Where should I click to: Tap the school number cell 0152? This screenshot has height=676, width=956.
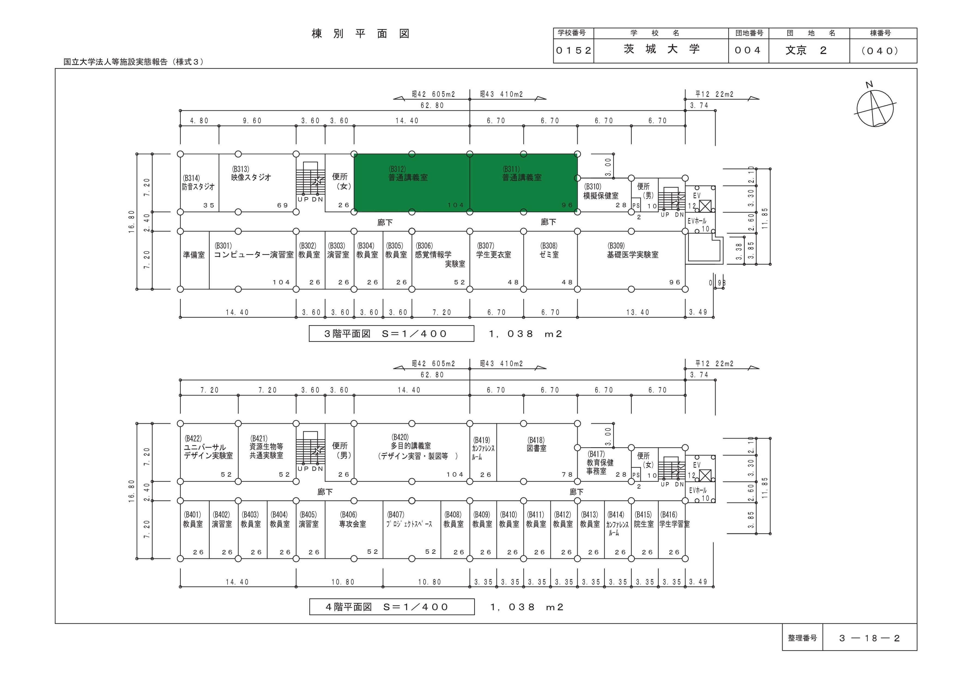tap(573, 51)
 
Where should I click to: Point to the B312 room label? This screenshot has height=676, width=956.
tap(408, 173)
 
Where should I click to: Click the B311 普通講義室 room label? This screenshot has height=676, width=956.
tap(522, 173)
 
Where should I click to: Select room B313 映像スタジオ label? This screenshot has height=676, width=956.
tap(251, 173)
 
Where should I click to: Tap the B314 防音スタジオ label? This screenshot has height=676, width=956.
tap(198, 182)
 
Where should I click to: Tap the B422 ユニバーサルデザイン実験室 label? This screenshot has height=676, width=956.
tap(208, 447)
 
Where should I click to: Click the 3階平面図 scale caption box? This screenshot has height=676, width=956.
tap(391, 334)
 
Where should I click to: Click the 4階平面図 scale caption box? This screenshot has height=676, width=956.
tap(392, 607)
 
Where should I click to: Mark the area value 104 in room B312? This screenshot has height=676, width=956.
tap(455, 205)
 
